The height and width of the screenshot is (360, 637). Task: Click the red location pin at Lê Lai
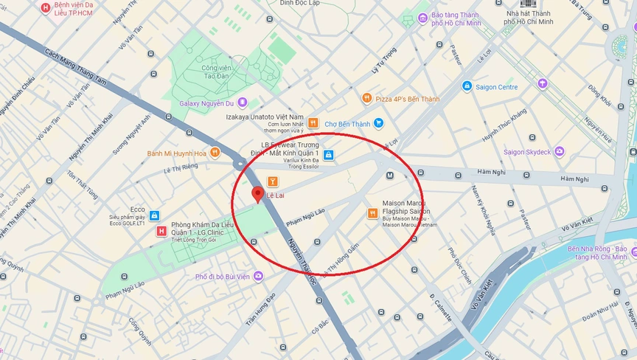[257, 195]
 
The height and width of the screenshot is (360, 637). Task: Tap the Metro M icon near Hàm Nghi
[390, 176]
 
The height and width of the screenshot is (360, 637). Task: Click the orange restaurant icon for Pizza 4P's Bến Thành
[366, 98]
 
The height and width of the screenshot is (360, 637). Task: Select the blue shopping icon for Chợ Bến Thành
[378, 123]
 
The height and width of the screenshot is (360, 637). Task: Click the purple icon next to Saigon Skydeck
[560, 152]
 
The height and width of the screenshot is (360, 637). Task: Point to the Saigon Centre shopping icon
[467, 86]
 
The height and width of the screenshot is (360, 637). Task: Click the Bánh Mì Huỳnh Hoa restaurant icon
[215, 153]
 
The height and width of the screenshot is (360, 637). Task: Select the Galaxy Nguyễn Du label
[212, 103]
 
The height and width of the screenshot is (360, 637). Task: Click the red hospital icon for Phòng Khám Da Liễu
[161, 232]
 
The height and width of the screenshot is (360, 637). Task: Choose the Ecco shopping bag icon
[154, 215]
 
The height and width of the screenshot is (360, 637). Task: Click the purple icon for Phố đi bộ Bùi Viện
[258, 277]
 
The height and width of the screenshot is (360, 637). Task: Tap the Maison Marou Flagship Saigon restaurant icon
[372, 213]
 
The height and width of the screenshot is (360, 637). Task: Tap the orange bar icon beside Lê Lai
[272, 180]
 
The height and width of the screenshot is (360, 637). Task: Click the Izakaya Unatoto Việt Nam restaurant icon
[313, 122]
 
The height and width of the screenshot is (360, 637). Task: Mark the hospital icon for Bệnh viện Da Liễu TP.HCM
[46, 8]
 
